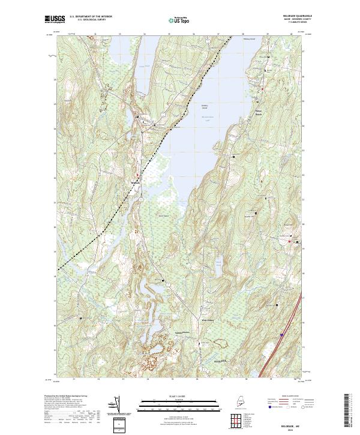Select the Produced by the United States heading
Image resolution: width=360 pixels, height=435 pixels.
70,397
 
